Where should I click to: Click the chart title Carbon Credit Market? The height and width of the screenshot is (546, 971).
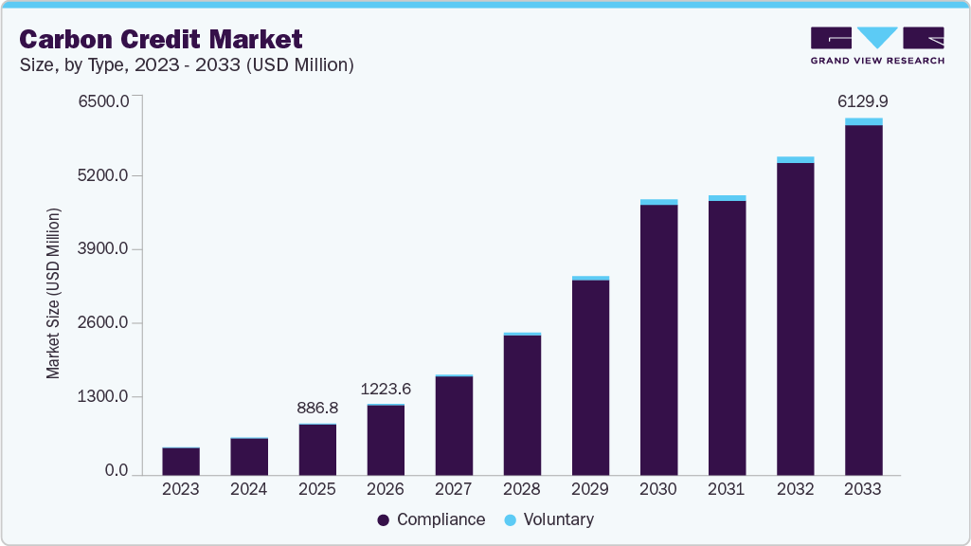tap(161, 39)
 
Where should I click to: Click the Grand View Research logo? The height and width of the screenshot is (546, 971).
tap(877, 45)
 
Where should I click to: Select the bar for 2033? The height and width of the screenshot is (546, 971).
tap(863, 299)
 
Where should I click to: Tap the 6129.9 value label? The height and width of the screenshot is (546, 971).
tap(863, 101)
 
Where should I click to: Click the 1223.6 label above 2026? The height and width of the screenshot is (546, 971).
tap(386, 389)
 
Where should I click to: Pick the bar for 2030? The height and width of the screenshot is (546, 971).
tap(658, 338)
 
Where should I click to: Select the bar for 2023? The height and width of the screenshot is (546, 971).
tap(181, 461)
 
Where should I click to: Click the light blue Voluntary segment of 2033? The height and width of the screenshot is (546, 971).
tap(863, 121)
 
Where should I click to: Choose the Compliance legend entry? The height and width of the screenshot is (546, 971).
tap(431, 519)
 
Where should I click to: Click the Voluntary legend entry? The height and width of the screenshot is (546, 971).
tap(548, 519)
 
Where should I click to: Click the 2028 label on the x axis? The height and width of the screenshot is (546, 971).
tap(522, 489)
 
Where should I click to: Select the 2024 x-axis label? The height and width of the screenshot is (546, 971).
tap(249, 489)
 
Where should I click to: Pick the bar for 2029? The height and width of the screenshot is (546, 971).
tap(590, 376)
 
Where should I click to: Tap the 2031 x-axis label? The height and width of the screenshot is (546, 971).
tap(727, 489)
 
